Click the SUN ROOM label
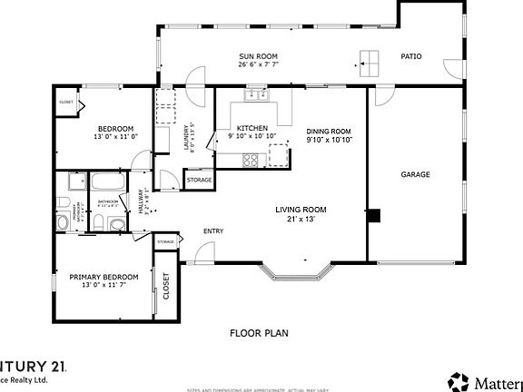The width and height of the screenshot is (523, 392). click(x=257, y=56)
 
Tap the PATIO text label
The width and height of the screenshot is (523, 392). click(x=411, y=56)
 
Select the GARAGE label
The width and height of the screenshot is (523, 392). click(x=415, y=174)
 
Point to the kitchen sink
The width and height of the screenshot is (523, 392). click(x=253, y=93)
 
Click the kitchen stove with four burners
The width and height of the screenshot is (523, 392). click(x=250, y=159)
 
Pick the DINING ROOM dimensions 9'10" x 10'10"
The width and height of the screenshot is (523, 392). click(x=328, y=140)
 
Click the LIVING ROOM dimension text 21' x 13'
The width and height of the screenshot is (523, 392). click(x=301, y=219)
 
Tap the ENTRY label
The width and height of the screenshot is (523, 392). click(x=213, y=230)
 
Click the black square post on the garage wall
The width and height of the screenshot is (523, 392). click(x=372, y=216)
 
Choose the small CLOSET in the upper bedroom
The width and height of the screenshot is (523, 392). click(x=65, y=103)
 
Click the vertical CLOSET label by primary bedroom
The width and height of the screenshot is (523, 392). click(x=166, y=287)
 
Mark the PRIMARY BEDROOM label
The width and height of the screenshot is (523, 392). click(x=104, y=276)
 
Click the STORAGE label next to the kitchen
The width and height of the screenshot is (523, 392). click(x=199, y=180)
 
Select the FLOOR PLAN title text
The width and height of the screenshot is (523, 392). click(x=259, y=333)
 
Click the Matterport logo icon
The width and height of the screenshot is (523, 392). click(x=458, y=379)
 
